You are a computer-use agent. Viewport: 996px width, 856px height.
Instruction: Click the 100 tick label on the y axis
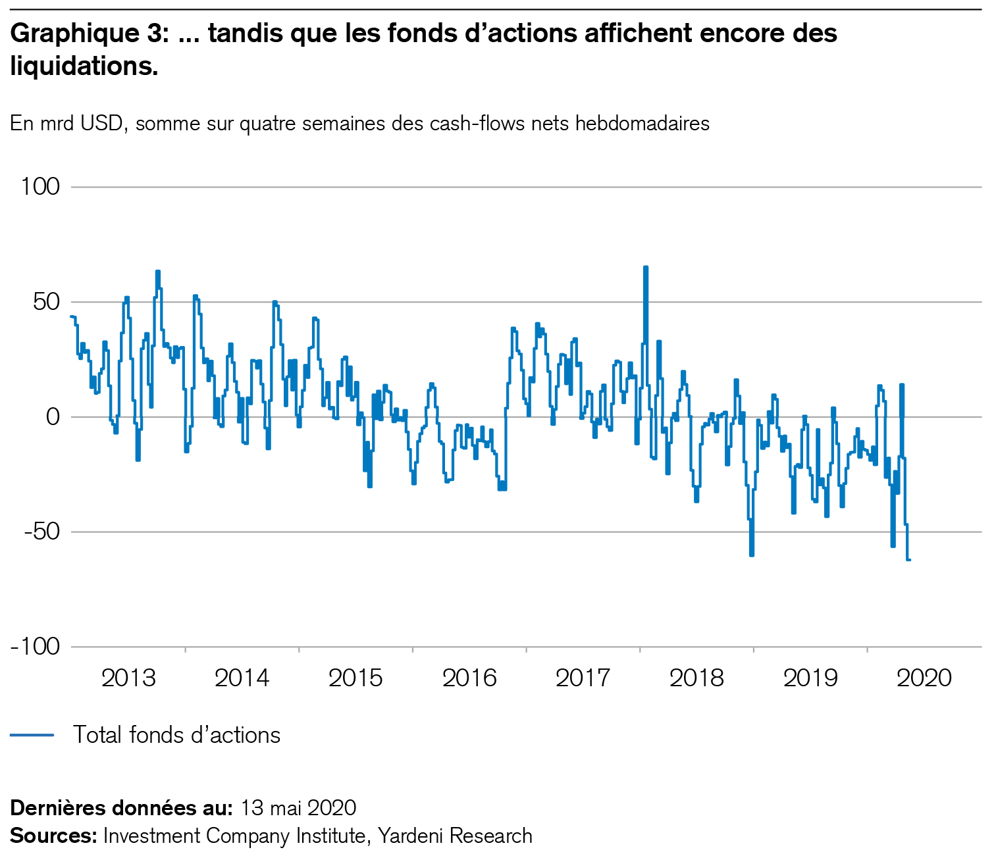click(x=40, y=187)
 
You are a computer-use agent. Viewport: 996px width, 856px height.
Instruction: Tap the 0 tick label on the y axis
click(x=53, y=417)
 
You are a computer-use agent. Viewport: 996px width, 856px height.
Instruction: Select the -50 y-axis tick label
click(x=41, y=532)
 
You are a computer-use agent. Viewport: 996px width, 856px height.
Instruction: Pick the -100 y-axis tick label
click(x=36, y=647)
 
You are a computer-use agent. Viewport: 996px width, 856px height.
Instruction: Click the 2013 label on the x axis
click(x=128, y=678)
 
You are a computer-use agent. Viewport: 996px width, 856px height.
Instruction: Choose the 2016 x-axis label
click(x=469, y=678)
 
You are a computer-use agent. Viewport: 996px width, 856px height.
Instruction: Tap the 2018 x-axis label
click(x=696, y=678)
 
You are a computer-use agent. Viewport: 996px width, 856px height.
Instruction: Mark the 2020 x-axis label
click(x=924, y=678)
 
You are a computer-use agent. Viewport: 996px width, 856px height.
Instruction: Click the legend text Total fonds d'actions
click(x=176, y=735)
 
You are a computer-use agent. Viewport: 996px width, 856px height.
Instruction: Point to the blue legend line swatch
click(x=32, y=735)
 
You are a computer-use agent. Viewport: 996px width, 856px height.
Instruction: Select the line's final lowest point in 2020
click(x=908, y=560)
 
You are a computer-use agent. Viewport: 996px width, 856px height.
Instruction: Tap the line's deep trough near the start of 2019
click(x=751, y=555)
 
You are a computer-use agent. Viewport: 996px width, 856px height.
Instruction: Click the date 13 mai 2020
click(x=299, y=807)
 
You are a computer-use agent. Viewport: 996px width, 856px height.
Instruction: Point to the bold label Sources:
click(x=53, y=836)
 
